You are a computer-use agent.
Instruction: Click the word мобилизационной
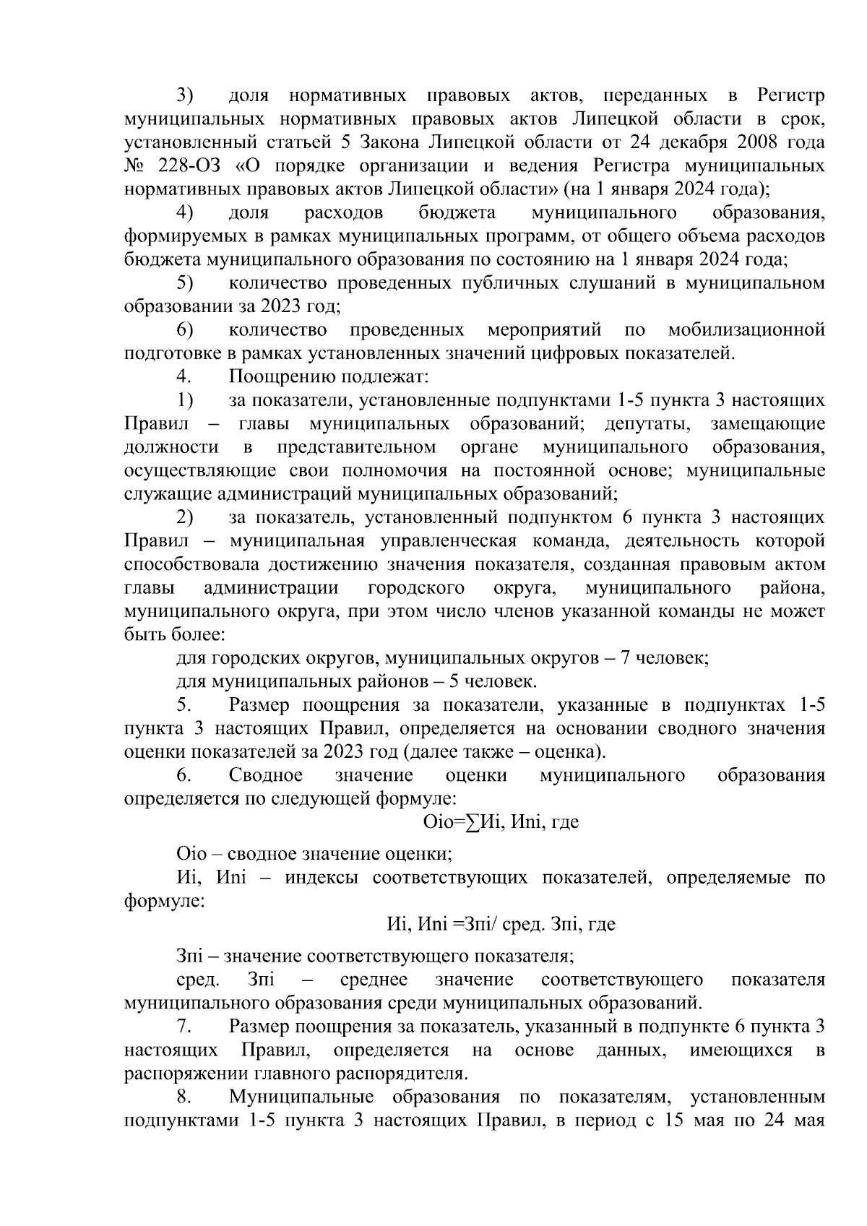pyautogui.click(x=746, y=330)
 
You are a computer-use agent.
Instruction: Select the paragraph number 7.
pyautogui.click(x=183, y=1027)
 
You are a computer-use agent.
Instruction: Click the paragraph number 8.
pyautogui.click(x=183, y=1097)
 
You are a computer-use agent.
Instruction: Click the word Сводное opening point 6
pyautogui.click(x=265, y=775)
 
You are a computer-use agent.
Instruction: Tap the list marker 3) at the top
pyautogui.click(x=185, y=96)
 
